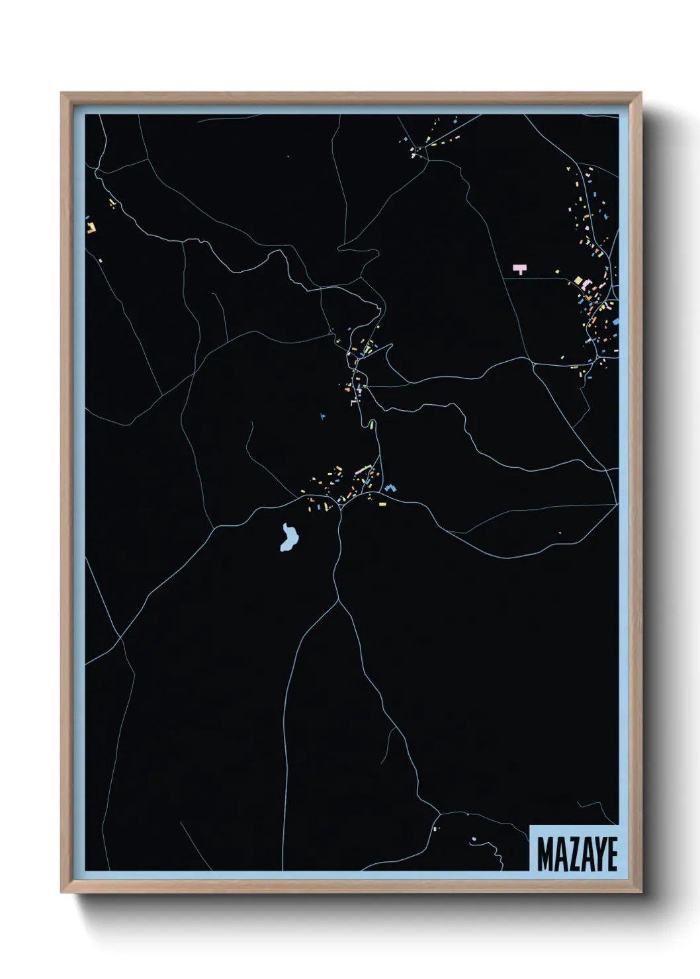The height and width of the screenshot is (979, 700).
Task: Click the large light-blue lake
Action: (x=288, y=538)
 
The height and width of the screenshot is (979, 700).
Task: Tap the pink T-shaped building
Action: (x=520, y=269)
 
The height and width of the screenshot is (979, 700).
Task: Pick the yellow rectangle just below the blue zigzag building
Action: (x=382, y=504)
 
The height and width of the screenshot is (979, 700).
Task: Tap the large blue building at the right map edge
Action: (x=616, y=321)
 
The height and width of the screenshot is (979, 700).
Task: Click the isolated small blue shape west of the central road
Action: (x=322, y=416)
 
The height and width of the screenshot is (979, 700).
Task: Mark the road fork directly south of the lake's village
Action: (x=338, y=601)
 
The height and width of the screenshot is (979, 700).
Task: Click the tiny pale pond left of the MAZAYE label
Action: (x=474, y=839)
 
